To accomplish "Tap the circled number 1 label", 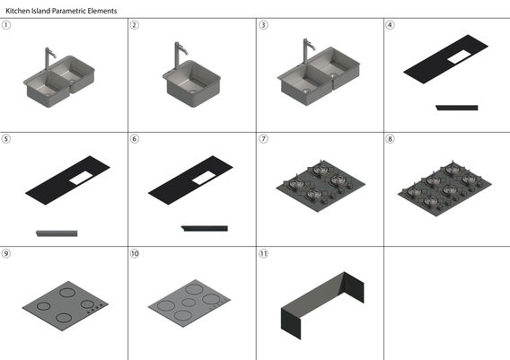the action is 6,25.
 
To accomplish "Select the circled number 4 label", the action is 390,25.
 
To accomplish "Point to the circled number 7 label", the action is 263,139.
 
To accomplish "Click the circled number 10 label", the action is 135,253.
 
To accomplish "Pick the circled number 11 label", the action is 263,253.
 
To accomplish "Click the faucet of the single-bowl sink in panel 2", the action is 179,55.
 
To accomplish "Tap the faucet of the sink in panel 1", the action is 48,58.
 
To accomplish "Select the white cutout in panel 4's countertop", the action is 459,57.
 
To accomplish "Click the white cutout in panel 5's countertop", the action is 81,179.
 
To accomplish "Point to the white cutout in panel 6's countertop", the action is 204,179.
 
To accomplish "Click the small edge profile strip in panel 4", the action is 457,108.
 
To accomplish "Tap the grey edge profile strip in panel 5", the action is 57,233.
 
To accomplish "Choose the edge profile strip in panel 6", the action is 205,228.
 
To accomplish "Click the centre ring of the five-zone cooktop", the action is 189,303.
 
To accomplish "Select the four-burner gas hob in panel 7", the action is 321,186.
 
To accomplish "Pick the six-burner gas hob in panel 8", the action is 444,189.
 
